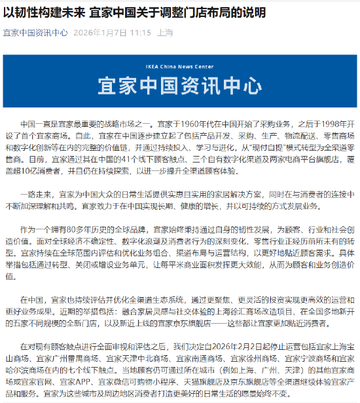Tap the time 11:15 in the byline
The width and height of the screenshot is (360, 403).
click(138, 32)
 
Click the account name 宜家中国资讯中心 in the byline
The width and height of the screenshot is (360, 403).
click(35, 32)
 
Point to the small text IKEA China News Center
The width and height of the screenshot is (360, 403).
click(179, 66)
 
